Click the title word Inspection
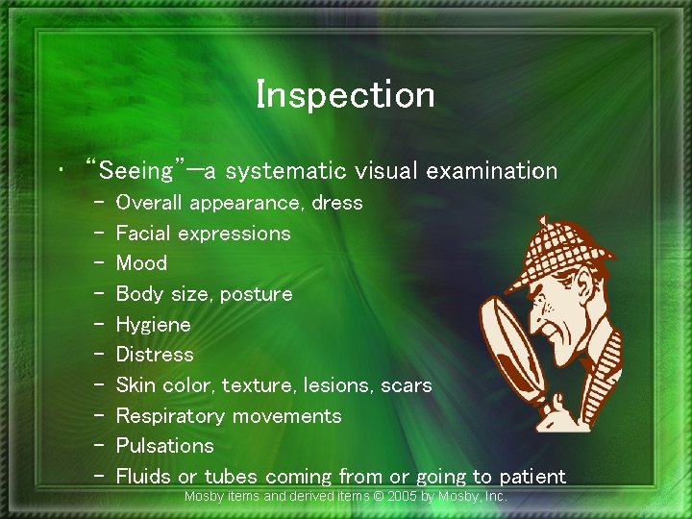point(345,94)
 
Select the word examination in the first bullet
point(492,171)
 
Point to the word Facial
point(143,234)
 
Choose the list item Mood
point(141,263)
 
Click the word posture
point(256,294)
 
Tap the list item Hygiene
point(153,325)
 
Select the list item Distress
point(155,355)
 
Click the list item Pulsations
point(164,446)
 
